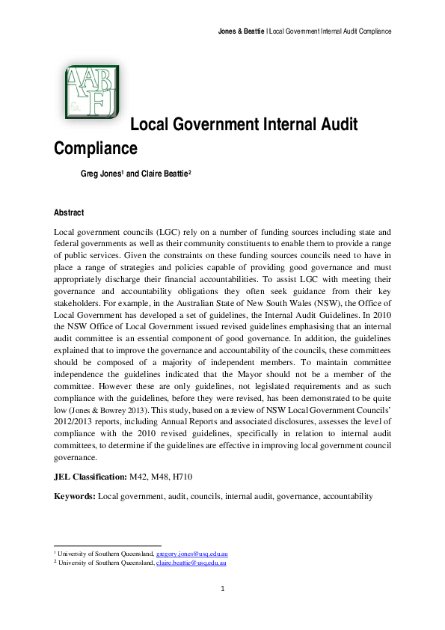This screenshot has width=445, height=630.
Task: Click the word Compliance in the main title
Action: [96, 148]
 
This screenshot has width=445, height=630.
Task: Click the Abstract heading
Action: [69, 212]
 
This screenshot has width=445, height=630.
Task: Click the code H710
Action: [190, 476]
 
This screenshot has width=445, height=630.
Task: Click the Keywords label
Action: [75, 496]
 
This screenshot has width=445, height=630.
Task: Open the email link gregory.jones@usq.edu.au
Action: [197, 553]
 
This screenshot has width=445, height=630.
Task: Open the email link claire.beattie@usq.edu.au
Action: [191, 561]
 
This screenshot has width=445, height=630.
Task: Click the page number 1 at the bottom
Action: [223, 589]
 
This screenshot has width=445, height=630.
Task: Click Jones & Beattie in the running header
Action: [241, 31]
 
